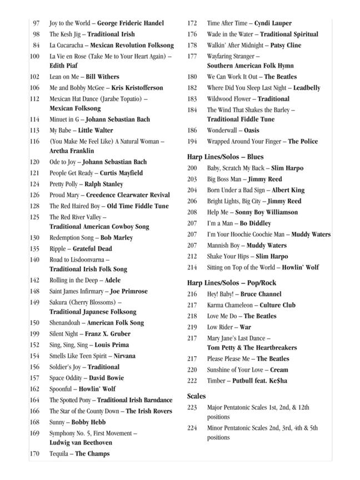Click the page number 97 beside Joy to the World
pyautogui.click(x=36, y=23)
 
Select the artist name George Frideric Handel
pyautogui.click(x=131, y=23)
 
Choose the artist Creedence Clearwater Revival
pyautogui.click(x=129, y=195)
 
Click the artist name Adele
pyautogui.click(x=112, y=281)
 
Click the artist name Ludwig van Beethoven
pyautogui.click(x=81, y=443)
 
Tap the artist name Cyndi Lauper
pyautogui.click(x=273, y=23)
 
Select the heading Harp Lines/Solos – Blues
pyautogui.click(x=226, y=157)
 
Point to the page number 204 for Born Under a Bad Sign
pyautogui.click(x=192, y=190)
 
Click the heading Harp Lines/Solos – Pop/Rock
pyautogui.click(x=232, y=283)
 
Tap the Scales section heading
pyautogui.click(x=197, y=397)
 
